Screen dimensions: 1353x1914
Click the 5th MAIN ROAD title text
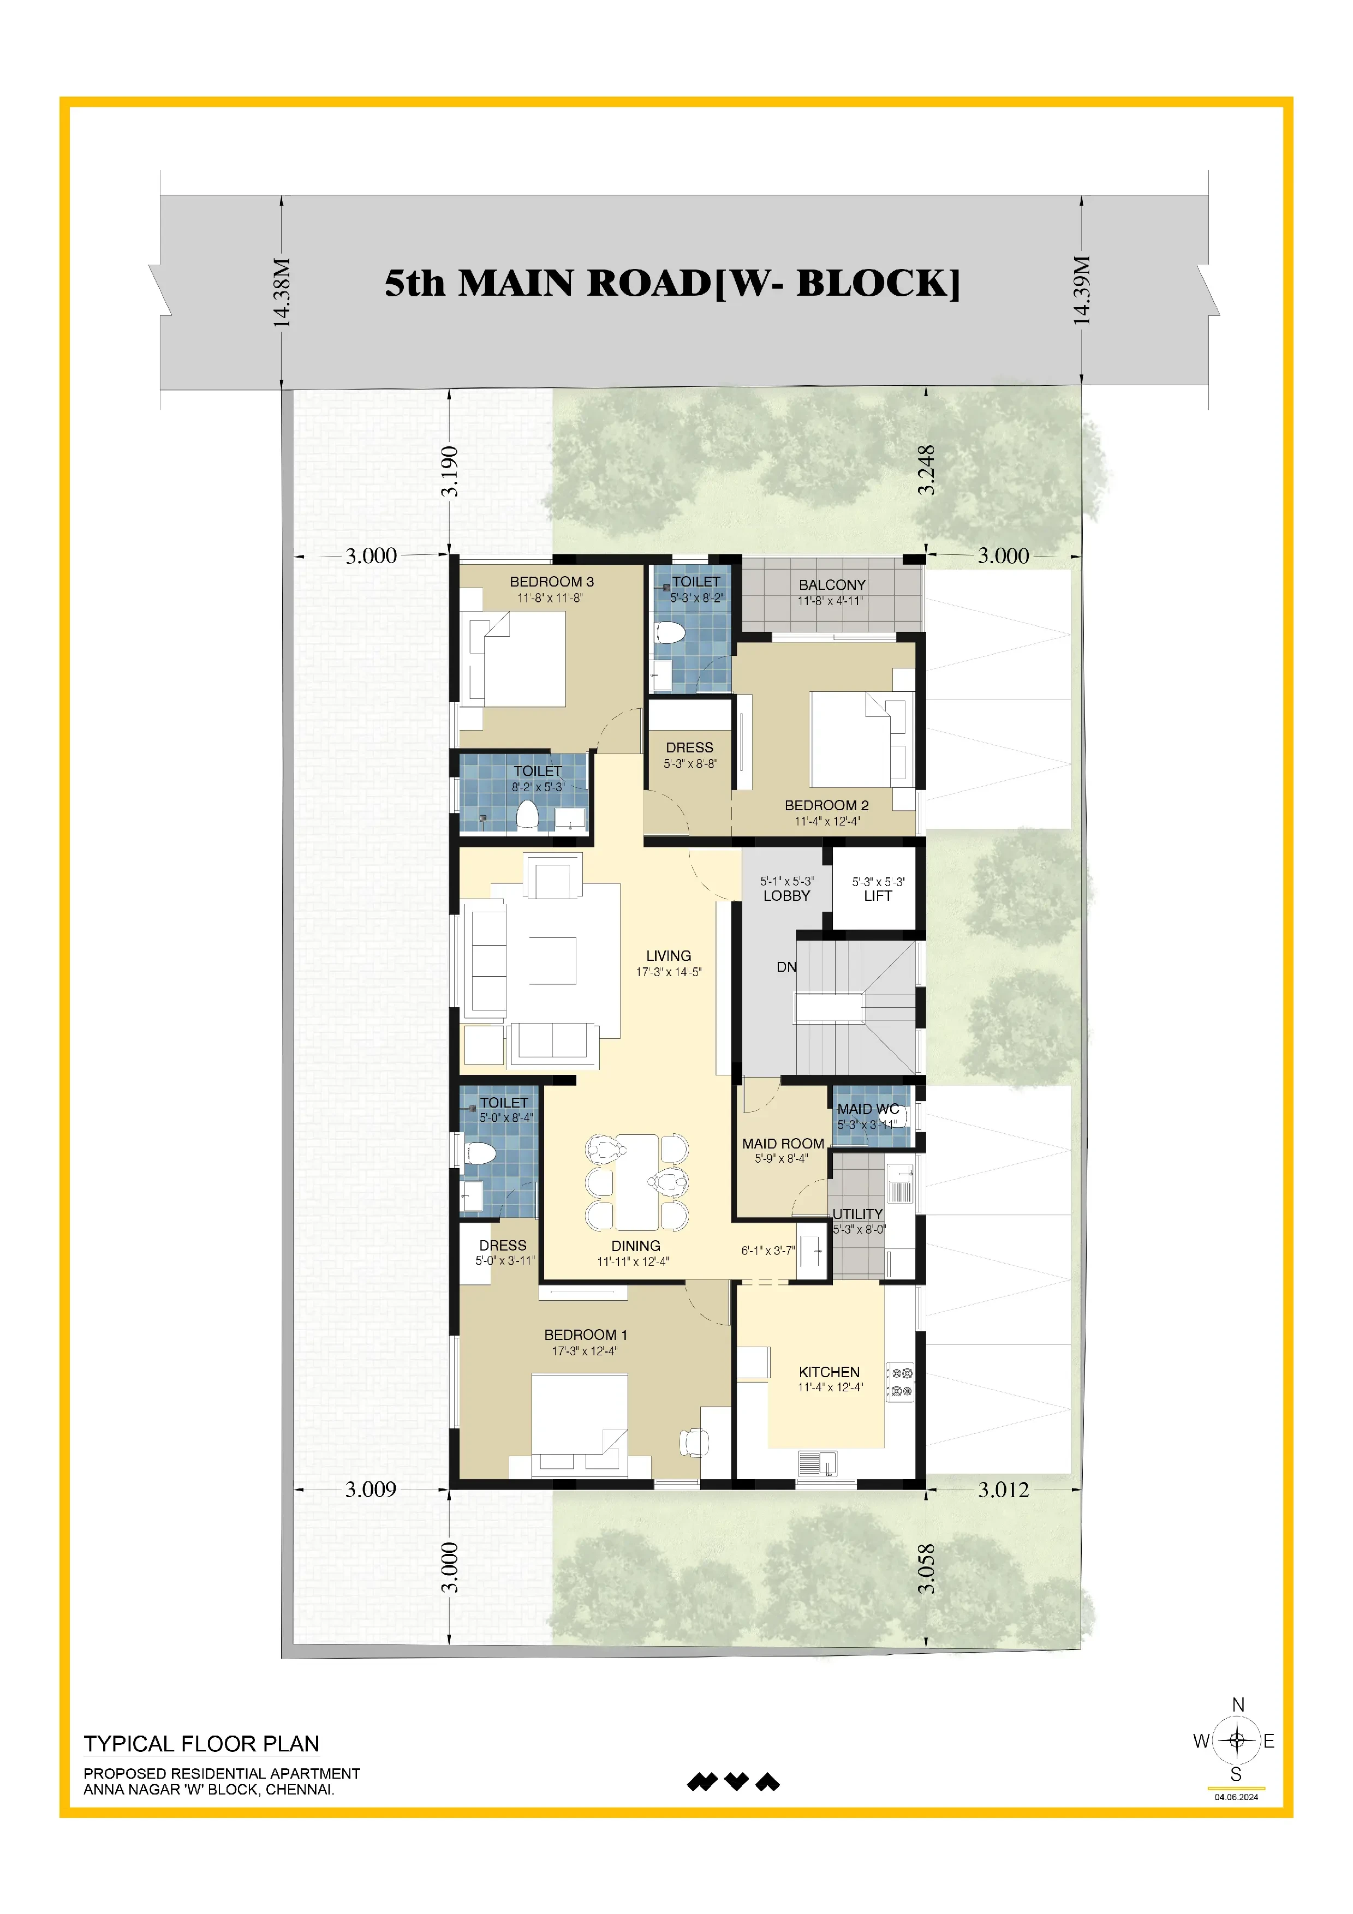pyautogui.click(x=672, y=283)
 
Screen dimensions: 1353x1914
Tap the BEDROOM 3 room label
pyautogui.click(x=552, y=582)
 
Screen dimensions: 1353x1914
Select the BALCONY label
pyautogui.click(x=832, y=585)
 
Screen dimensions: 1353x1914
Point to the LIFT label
pyautogui.click(x=878, y=896)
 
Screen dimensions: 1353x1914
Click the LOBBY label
pyautogui.click(x=786, y=896)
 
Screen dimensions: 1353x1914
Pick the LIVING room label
pyautogui.click(x=669, y=956)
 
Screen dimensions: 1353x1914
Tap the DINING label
pyautogui.click(x=635, y=1246)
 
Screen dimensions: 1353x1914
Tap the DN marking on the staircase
pyautogui.click(x=786, y=967)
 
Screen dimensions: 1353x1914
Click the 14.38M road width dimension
pyautogui.click(x=283, y=292)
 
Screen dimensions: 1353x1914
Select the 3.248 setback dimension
pyautogui.click(x=926, y=471)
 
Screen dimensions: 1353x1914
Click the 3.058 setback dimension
pyautogui.click(x=926, y=1570)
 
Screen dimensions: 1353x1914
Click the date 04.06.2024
pyautogui.click(x=1236, y=1797)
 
